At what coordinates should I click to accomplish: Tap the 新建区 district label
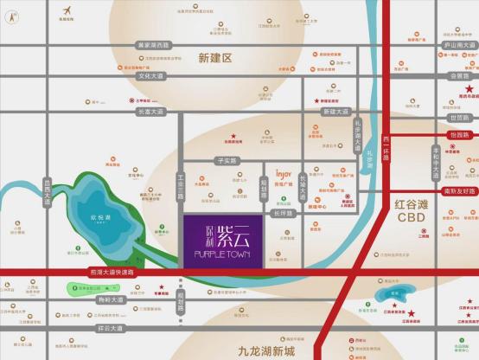[215, 58]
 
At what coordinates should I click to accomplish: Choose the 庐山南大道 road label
[459, 43]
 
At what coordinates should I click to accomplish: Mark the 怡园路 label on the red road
[459, 134]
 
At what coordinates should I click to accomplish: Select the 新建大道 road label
[335, 111]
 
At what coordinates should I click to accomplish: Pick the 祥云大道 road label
[112, 328]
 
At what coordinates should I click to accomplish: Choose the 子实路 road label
[227, 161]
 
